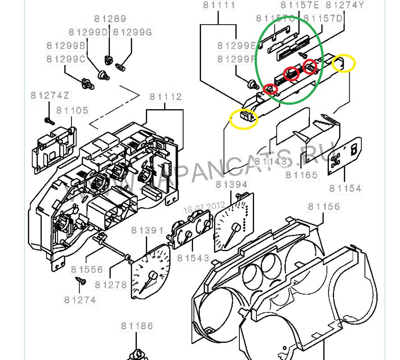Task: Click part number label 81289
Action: click(110, 19)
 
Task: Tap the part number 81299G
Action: click(133, 33)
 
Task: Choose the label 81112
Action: click(166, 97)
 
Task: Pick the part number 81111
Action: click(219, 6)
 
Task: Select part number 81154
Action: click(345, 188)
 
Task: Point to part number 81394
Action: click(231, 185)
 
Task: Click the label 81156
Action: click(324, 207)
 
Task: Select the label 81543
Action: click(193, 258)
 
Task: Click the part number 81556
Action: click(87, 270)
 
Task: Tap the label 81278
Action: click(111, 285)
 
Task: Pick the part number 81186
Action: click(137, 326)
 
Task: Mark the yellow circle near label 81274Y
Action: click(344, 63)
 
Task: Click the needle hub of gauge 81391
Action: click(153, 275)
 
